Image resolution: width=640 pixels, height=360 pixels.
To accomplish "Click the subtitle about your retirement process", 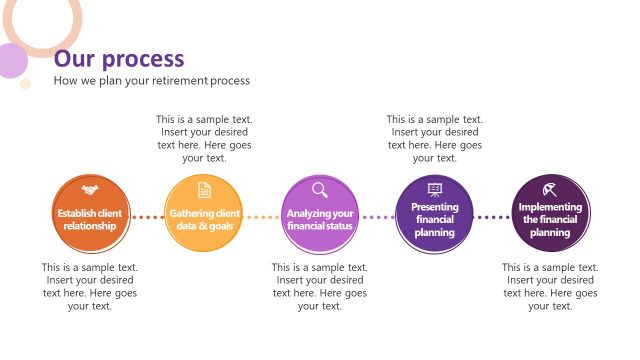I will [151, 80].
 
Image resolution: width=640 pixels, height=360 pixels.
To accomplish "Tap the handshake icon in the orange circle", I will [90, 189].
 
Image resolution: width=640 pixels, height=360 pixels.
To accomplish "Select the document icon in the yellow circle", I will [204, 189].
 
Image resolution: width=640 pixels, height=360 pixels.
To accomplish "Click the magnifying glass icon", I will [320, 189].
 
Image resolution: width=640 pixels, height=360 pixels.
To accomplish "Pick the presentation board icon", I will [435, 189].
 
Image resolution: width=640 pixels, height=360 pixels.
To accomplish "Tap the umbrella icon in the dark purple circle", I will [550, 189].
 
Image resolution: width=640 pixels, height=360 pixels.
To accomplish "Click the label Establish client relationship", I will [90, 219].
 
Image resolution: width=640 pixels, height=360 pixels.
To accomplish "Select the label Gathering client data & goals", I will [204, 219].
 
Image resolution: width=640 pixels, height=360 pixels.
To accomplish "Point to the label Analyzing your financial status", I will [320, 219].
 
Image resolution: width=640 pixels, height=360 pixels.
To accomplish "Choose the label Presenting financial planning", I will [435, 219].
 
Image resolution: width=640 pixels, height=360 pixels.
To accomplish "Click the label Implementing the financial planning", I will [550, 219].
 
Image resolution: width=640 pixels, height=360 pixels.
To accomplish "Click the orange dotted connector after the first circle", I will [147, 216].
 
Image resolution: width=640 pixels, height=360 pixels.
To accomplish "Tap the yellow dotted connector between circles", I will [262, 216].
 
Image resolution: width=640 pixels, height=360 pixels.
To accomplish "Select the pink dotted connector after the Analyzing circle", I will [377, 216].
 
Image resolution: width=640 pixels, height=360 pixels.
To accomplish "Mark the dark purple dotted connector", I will [492, 216].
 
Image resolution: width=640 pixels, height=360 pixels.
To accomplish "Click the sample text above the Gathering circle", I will [204, 138].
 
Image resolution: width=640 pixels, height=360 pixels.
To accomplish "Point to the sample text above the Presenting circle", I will [435, 138].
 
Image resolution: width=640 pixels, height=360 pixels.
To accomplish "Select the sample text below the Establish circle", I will [90, 287].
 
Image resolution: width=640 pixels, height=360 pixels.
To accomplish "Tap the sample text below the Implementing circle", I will [550, 287].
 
